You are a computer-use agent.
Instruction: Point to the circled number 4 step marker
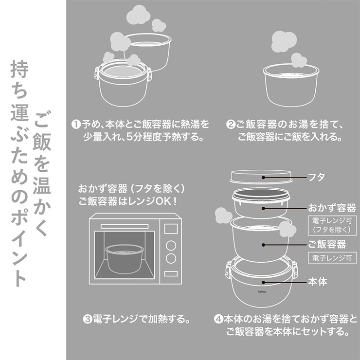coord(218,320)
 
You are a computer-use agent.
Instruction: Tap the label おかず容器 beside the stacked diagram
coord(332,208)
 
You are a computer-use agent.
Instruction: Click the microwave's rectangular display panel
coord(171,228)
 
